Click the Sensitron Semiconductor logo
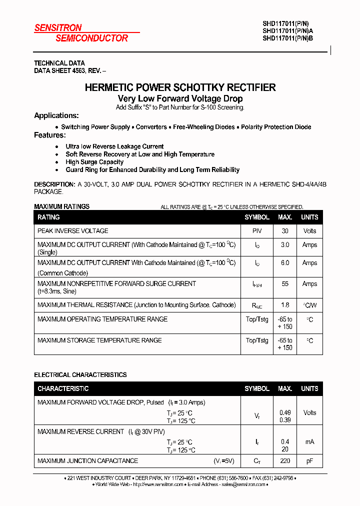[x=81, y=33]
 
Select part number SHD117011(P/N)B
[x=288, y=37]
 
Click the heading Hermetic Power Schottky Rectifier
[x=180, y=87]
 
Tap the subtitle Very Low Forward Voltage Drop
[x=180, y=99]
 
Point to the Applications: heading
[x=56, y=115]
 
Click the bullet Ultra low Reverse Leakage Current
[x=114, y=146]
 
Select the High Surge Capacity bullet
[x=94, y=162]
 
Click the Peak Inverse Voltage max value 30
[x=285, y=231]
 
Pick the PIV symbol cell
[x=257, y=231]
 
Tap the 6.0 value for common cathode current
[x=285, y=262]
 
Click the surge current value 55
[x=285, y=283]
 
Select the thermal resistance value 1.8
[x=285, y=305]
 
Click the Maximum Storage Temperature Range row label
[x=99, y=340]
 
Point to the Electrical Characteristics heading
[x=80, y=374]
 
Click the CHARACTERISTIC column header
[x=63, y=388]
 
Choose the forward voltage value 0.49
[x=285, y=412]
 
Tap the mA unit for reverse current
[x=309, y=441]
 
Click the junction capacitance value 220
[x=285, y=460]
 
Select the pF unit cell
[x=309, y=460]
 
